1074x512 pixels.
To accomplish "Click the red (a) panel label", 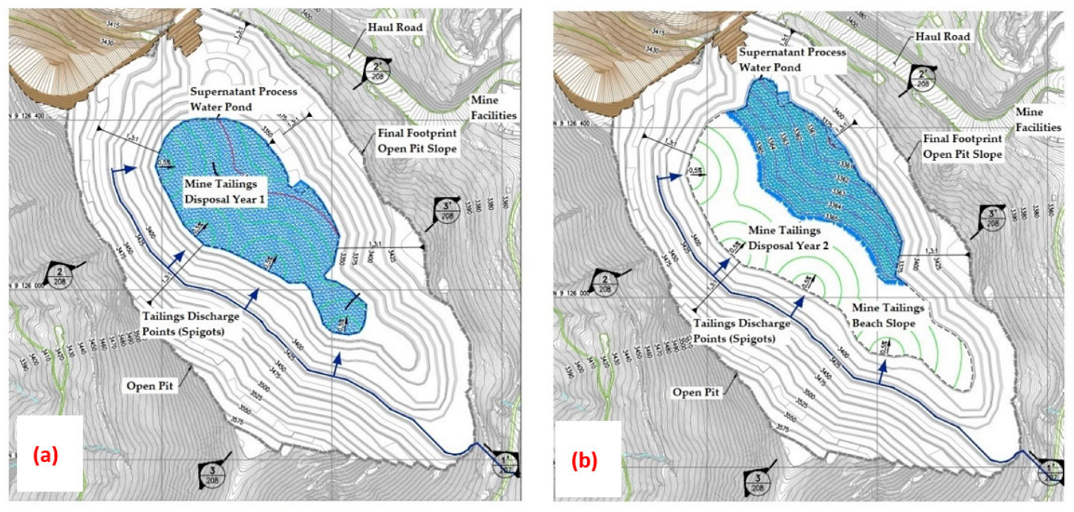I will pos(46,455).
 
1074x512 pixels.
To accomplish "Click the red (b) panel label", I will pos(584,460).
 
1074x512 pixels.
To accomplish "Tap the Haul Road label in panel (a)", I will pos(395,27).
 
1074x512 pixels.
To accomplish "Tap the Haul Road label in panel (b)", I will pos(942,37).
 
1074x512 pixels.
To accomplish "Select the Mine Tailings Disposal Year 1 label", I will pos(225,192).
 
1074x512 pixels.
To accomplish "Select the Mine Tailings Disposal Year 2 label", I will pos(788,238).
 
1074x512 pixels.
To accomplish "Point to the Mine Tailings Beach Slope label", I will pos(887,316).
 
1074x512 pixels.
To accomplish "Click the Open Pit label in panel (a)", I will pos(150,386).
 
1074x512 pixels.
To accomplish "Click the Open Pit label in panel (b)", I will pos(696,392).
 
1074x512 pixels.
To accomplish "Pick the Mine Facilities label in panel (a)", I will pos(493,108).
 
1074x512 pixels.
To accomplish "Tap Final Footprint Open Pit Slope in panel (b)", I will pos(962,147).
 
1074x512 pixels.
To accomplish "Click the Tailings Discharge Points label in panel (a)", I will pos(191,324).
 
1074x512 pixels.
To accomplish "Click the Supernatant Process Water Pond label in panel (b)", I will pos(792,60).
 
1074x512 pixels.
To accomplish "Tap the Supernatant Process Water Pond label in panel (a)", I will pos(243,99).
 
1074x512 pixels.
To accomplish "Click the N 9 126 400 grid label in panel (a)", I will pos(27,116).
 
